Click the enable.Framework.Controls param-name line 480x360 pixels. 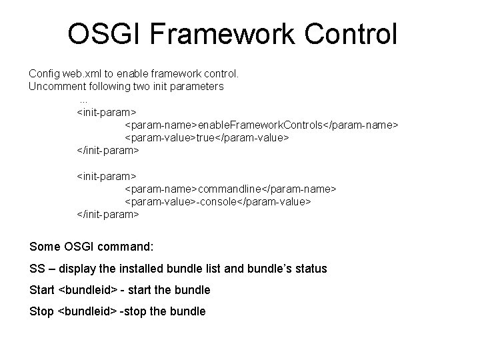(x=262, y=125)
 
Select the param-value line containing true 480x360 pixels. (x=207, y=137)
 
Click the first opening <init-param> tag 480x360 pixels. (x=107, y=111)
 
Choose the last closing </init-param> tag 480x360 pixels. (x=109, y=214)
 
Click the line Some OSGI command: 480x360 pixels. (x=91, y=247)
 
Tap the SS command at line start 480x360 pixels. (x=37, y=269)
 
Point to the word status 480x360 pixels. (x=309, y=269)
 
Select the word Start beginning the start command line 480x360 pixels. (x=43, y=290)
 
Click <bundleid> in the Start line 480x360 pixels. (x=88, y=290)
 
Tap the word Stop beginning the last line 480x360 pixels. (x=42, y=311)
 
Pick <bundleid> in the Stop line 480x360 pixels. (x=87, y=311)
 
